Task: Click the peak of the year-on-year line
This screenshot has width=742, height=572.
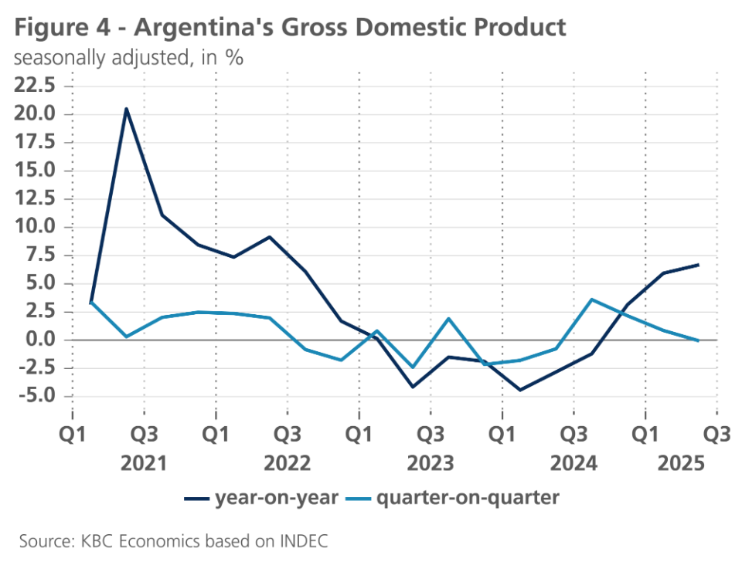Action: coord(127,109)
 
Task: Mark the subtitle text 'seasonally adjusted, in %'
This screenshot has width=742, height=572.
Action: coord(128,59)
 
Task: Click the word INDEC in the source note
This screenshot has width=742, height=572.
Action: coord(304,541)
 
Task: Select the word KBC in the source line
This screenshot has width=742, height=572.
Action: coord(99,541)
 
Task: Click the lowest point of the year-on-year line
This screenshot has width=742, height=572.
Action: coord(520,390)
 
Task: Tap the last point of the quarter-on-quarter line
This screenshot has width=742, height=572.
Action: coord(699,340)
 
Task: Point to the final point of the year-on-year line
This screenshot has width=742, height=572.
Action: coord(699,265)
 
